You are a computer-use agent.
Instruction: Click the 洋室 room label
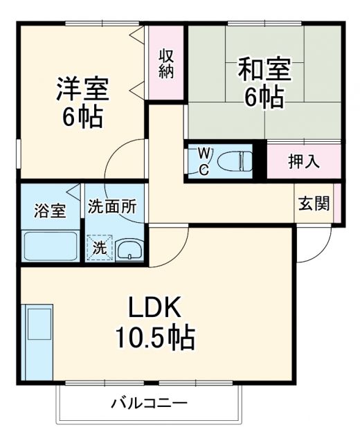(82, 90)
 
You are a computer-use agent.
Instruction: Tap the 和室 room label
(264, 70)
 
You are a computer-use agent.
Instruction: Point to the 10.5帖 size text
(154, 338)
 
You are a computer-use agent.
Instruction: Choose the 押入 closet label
(303, 162)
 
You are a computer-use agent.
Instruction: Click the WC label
(204, 161)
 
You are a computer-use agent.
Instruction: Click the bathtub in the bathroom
(50, 246)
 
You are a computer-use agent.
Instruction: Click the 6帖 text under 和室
(264, 98)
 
